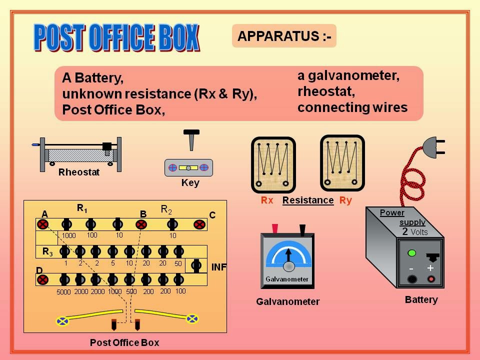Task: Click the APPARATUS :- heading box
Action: tap(284, 36)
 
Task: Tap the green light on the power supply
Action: tap(412, 252)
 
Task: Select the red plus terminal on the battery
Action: tap(430, 279)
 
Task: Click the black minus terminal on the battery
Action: tap(411, 279)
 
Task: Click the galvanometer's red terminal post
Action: tap(274, 229)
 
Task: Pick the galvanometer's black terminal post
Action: tap(302, 229)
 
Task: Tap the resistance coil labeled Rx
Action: tap(273, 164)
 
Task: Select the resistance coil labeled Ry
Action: tap(342, 162)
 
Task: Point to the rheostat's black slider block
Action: tap(107, 146)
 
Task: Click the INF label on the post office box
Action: tap(219, 267)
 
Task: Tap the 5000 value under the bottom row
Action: tap(63, 292)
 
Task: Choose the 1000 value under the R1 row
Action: tap(69, 235)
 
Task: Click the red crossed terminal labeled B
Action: tap(141, 224)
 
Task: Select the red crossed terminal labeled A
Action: tap(43, 224)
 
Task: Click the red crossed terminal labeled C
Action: tap(199, 224)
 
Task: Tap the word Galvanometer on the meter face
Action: tap(287, 279)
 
